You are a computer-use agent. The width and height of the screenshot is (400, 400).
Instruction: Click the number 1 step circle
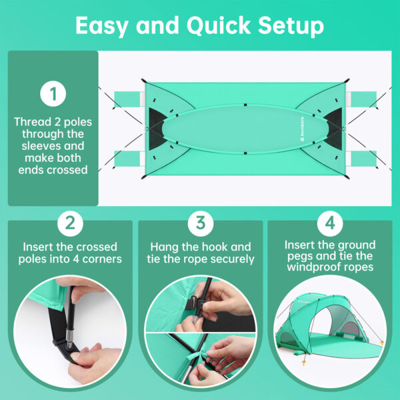pos(53,93)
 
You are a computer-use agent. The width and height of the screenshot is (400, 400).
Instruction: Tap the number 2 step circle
pos(70,223)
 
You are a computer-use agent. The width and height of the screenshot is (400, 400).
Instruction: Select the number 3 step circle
pos(201,223)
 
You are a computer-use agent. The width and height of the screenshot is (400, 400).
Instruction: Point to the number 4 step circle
pos(330,223)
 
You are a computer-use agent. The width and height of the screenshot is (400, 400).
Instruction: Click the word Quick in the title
pos(219,25)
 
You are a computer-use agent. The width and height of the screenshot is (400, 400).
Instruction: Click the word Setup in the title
pos(291,26)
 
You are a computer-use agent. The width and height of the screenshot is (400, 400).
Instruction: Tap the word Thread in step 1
pos(33,122)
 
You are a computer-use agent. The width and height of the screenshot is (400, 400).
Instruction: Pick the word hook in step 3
pos(214,247)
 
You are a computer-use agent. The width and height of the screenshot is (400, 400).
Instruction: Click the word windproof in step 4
pos(312,267)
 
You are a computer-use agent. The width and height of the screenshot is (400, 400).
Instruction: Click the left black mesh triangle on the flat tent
pos(157,129)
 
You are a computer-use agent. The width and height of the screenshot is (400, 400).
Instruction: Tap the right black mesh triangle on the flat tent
pos(334,129)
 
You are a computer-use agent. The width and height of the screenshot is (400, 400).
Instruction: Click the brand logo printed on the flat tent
pos(303,129)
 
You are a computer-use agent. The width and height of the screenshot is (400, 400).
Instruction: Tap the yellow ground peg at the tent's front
pos(303,363)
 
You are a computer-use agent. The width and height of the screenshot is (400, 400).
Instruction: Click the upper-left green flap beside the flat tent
pos(127,99)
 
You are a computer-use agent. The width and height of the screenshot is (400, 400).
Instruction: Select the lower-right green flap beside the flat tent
pos(363,159)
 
